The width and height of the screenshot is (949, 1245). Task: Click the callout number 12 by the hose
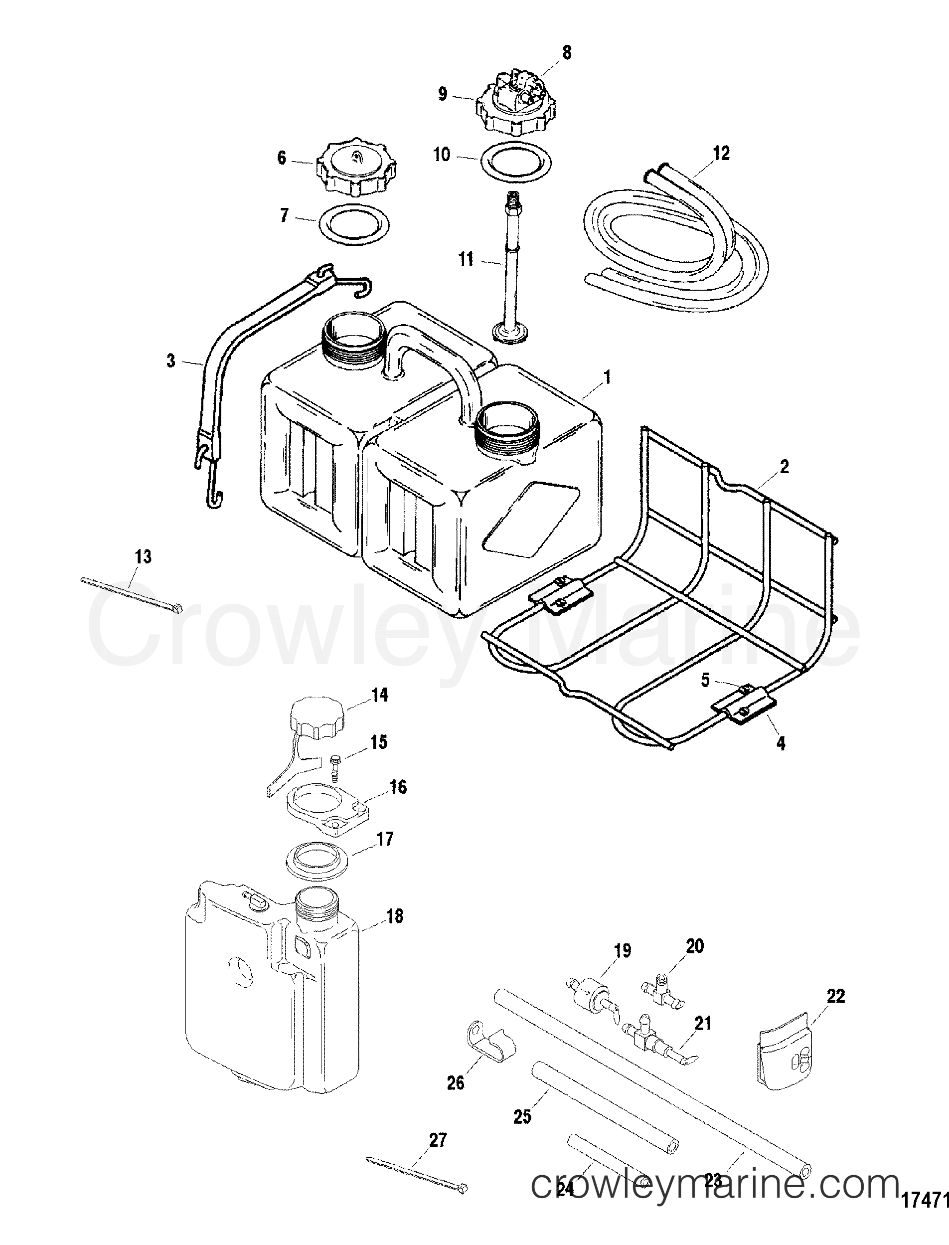pos(721,154)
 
